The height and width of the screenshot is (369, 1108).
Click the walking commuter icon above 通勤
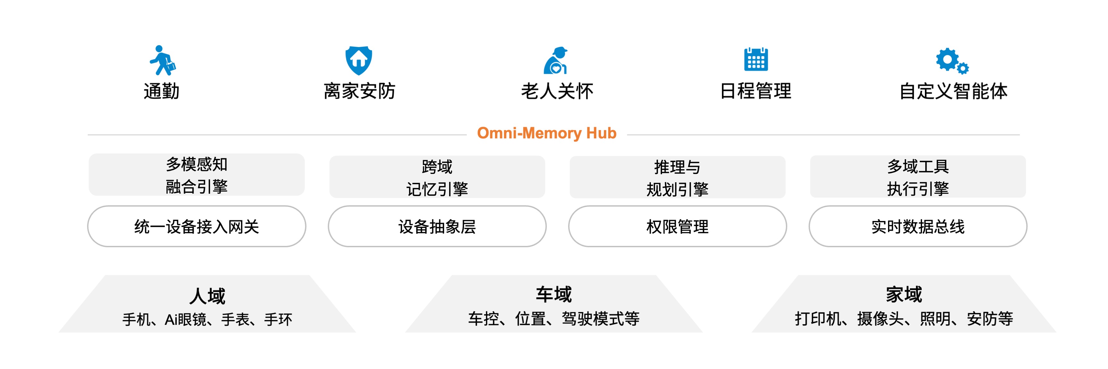coord(163,60)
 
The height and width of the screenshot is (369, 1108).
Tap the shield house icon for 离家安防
coord(359,61)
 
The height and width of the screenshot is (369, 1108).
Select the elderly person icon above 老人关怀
coord(556,61)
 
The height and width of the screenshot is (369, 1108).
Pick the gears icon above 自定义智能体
coord(952,61)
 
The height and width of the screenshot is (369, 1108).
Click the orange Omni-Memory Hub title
coord(547,133)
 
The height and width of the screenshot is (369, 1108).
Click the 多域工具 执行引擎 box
coord(918,176)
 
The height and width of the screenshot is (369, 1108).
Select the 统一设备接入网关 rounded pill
coord(197,226)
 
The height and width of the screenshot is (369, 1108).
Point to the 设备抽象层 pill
coord(437,226)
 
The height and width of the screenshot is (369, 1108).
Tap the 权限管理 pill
coord(677,226)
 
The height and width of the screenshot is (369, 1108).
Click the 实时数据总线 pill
coord(918,226)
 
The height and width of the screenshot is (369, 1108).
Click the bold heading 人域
coord(207,296)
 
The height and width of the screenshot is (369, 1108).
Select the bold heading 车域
coord(554,295)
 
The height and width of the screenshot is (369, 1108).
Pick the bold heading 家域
coord(904,295)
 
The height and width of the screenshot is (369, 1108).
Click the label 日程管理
coord(756,91)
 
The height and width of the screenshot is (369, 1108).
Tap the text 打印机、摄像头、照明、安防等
coord(904,319)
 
